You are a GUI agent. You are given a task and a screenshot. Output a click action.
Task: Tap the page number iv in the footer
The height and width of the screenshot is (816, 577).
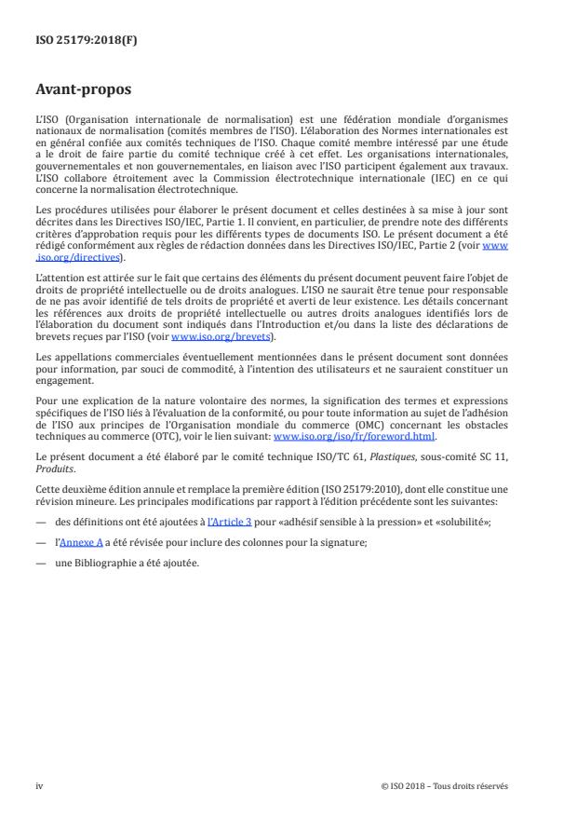[39, 785]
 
